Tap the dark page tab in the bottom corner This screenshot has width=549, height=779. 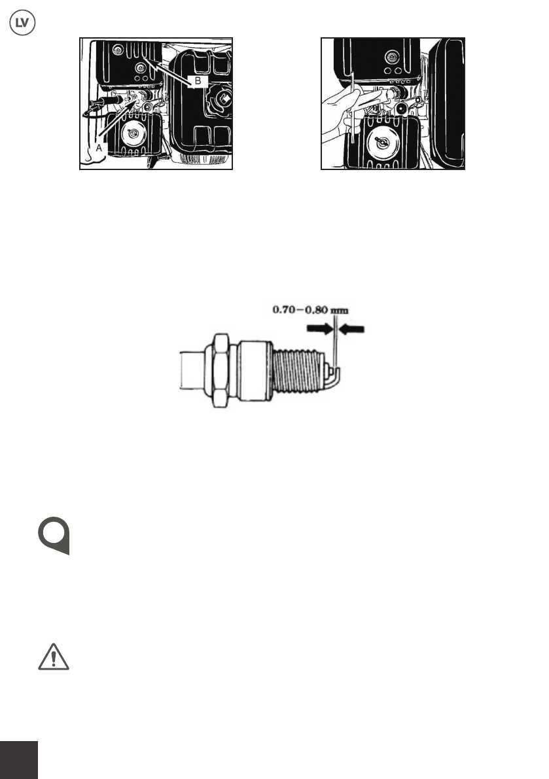pyautogui.click(x=19, y=759)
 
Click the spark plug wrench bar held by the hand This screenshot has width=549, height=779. pyautogui.click(x=352, y=109)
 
